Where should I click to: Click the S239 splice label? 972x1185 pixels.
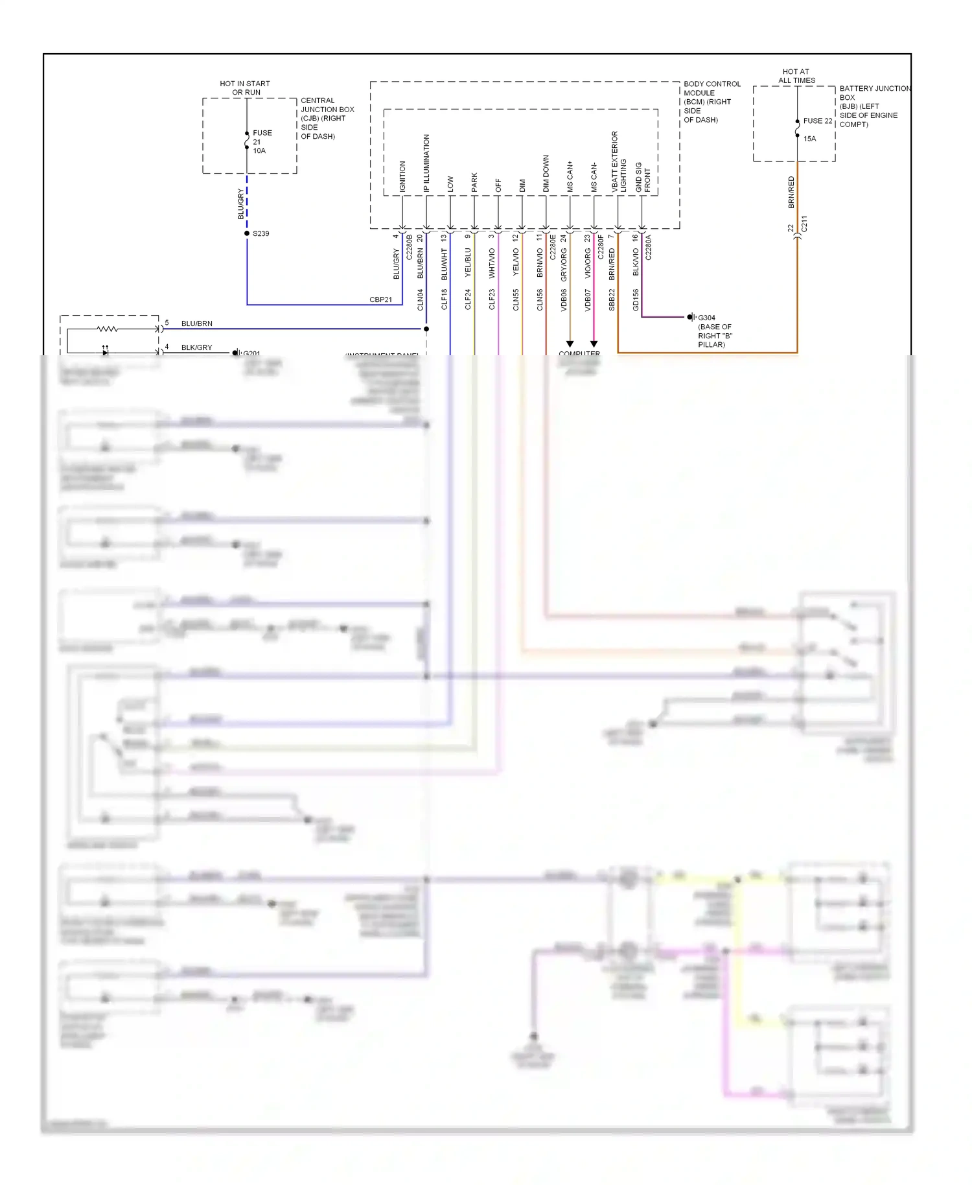coord(260,233)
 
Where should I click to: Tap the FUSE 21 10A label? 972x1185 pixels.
coord(262,141)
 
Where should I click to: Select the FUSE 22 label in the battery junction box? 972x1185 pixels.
coord(817,121)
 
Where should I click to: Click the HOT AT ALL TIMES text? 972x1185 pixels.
coord(796,76)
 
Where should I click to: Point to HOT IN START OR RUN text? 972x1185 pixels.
coord(245,88)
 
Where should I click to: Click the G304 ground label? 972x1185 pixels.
coord(706,318)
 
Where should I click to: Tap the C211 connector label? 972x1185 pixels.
coord(804,224)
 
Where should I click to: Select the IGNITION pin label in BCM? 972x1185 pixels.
coord(402,176)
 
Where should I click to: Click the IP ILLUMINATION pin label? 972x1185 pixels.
coord(426,163)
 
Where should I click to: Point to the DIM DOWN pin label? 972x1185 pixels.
coord(546,173)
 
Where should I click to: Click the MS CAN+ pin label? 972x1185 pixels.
coord(570,176)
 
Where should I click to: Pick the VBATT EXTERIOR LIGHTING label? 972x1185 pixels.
coord(619,162)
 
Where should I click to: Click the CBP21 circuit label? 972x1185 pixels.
coord(380,299)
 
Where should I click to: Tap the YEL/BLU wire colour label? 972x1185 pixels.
coord(468,263)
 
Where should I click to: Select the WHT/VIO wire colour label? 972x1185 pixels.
coord(492,263)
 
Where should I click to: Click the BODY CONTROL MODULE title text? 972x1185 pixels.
coord(712,88)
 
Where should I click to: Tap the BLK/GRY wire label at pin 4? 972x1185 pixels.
coord(196,347)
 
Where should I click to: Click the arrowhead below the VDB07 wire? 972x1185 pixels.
coord(594,344)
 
